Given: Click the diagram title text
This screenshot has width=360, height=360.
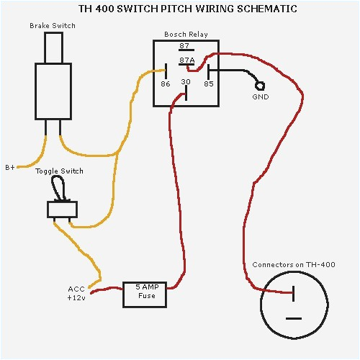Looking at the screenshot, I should point(177,10).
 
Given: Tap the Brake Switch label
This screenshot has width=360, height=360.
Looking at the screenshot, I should point(53,26).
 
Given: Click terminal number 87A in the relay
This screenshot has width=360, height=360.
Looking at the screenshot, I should point(186,61).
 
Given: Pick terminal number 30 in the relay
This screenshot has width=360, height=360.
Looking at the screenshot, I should point(185,82).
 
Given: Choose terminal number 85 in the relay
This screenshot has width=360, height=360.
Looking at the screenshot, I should point(209,84).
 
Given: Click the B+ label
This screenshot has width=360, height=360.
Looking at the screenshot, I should point(11,167).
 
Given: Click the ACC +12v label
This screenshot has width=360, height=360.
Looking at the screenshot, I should point(77,294).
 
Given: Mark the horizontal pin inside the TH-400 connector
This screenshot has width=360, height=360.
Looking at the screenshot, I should point(293,318).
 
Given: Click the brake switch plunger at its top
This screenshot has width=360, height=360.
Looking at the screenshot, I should point(53,47).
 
